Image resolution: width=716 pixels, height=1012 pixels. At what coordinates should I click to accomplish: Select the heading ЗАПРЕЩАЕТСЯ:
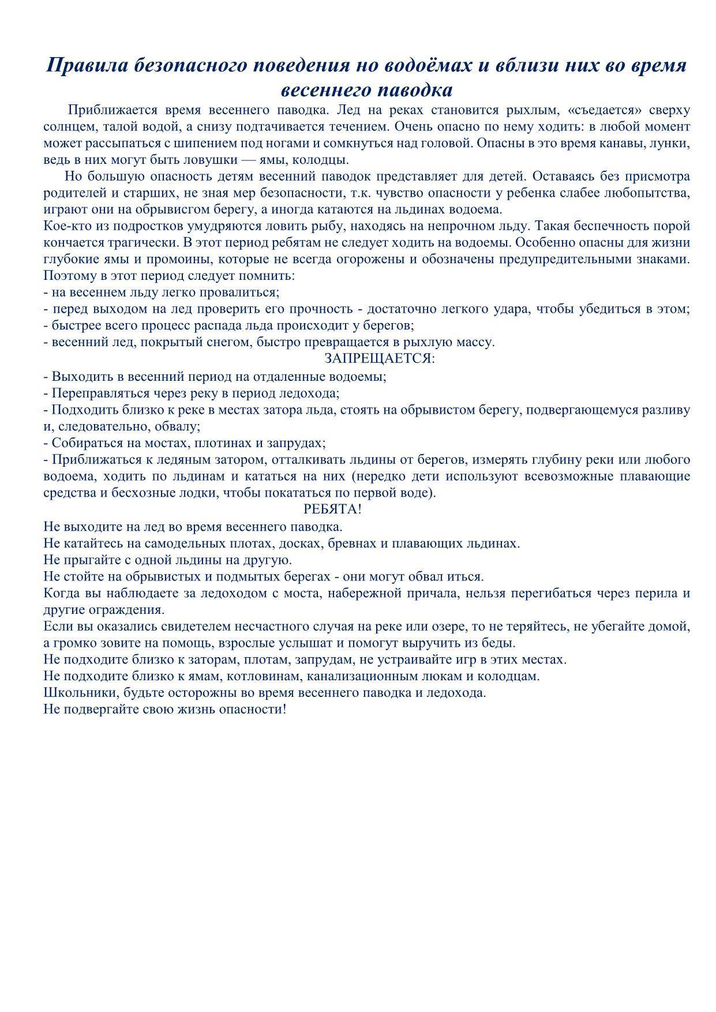379,358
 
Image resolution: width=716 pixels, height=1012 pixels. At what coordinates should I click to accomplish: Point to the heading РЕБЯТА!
332,509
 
